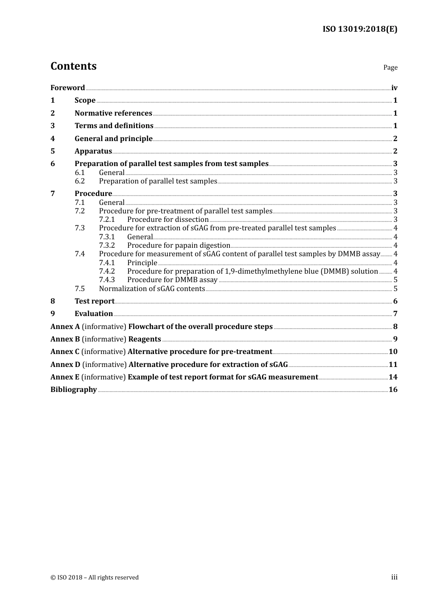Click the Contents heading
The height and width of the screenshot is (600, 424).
73,66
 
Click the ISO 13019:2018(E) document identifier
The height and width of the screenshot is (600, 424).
360,29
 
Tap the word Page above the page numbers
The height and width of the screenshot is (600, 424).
390,67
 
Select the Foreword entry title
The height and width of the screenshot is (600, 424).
67,87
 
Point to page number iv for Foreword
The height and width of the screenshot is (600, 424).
394,87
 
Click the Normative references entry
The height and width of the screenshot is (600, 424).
113,113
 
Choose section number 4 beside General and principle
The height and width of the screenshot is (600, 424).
53,138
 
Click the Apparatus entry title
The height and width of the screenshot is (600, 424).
93,151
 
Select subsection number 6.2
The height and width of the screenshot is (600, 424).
79,181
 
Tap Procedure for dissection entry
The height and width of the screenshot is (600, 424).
168,219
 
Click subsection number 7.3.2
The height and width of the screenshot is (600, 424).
107,245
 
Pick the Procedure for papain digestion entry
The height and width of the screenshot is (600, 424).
179,245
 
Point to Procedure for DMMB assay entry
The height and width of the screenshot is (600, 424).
172,279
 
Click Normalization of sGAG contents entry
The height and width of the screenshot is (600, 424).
152,288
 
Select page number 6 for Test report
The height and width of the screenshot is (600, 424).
395,301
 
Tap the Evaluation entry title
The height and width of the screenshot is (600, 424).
94,313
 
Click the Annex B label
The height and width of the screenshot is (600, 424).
65,339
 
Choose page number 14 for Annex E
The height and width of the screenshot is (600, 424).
393,377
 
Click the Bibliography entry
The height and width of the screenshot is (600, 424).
74,389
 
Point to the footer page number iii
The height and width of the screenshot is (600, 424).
394,577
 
